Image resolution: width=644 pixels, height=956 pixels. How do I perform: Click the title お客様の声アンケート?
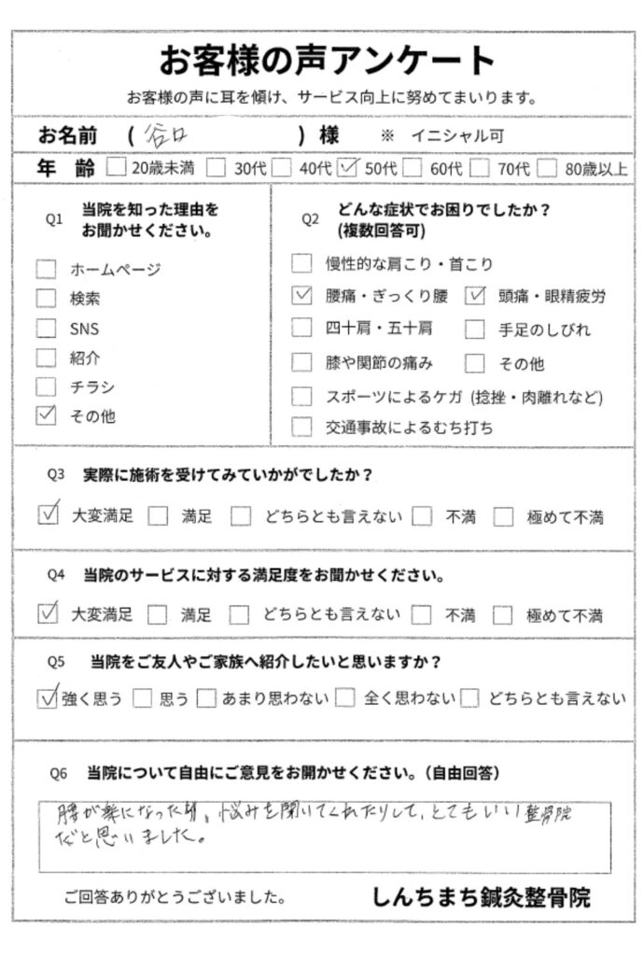(x=327, y=61)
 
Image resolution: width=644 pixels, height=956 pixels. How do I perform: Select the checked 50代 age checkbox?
(x=350, y=169)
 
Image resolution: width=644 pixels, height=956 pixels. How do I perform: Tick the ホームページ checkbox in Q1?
(x=47, y=270)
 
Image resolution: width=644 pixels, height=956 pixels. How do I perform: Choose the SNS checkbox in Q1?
(x=47, y=329)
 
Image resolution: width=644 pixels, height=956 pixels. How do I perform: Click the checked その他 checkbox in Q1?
(x=47, y=416)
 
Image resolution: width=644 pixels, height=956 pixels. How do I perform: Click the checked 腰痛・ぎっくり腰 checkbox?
(x=301, y=296)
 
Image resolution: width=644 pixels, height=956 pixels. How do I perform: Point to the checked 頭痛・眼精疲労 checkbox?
(x=476, y=296)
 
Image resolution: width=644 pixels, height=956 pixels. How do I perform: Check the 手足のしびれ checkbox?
(x=476, y=329)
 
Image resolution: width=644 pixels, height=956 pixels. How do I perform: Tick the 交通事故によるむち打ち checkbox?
(x=301, y=428)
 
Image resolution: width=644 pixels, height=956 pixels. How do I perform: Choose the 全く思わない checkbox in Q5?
(x=345, y=697)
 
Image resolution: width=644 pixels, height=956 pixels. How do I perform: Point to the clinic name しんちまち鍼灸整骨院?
(x=482, y=898)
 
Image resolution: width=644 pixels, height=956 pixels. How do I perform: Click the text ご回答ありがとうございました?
(x=175, y=899)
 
